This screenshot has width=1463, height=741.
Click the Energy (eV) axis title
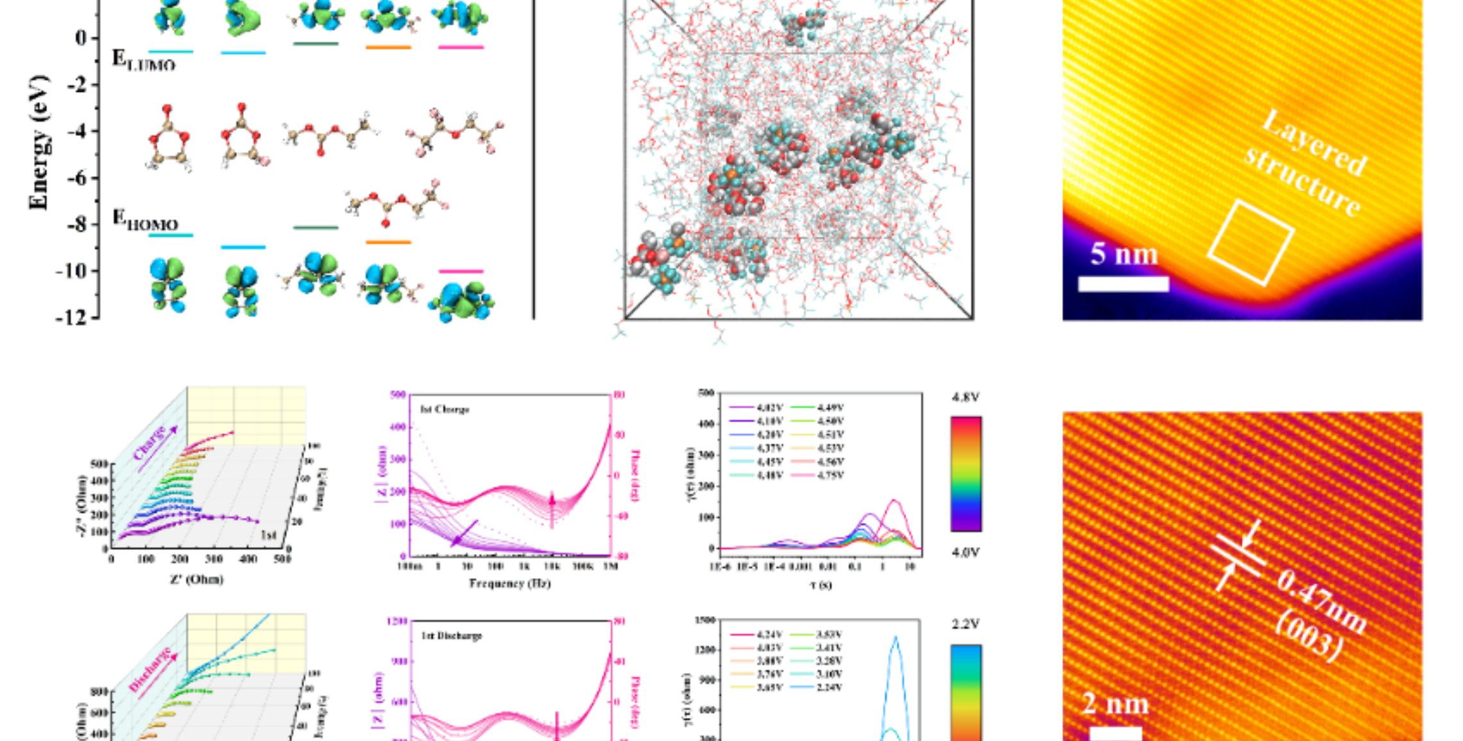coord(38,142)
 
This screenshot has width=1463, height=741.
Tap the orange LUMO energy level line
coord(388,47)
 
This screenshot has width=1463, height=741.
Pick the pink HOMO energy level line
coord(461,271)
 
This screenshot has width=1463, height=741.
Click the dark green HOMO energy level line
coord(316,227)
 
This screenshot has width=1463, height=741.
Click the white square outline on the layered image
coord(1251,243)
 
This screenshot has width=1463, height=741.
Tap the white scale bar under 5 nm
coord(1123,284)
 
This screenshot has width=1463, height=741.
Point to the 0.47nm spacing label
coord(1321,602)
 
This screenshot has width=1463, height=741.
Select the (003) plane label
coord(1308,641)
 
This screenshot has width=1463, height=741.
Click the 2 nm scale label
coord(1115,704)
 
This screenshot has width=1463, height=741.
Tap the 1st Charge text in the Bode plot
coord(445,409)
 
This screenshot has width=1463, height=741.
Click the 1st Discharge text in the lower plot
coord(451,635)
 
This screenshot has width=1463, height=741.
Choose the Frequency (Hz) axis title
coord(509,583)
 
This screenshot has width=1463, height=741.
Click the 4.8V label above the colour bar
coord(966,398)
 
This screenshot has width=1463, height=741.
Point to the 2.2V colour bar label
coord(966,624)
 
